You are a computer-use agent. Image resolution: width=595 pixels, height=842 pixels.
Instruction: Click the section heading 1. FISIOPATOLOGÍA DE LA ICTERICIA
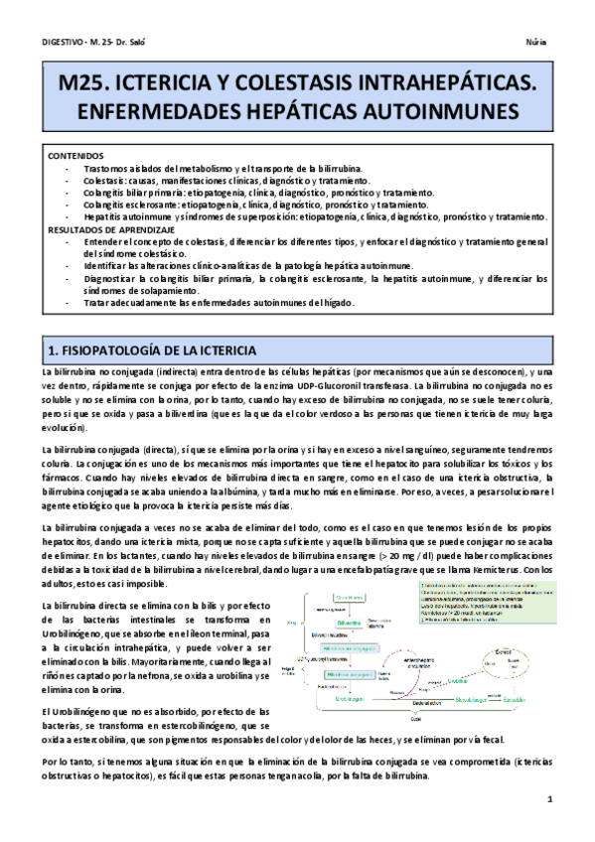pos(153,351)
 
